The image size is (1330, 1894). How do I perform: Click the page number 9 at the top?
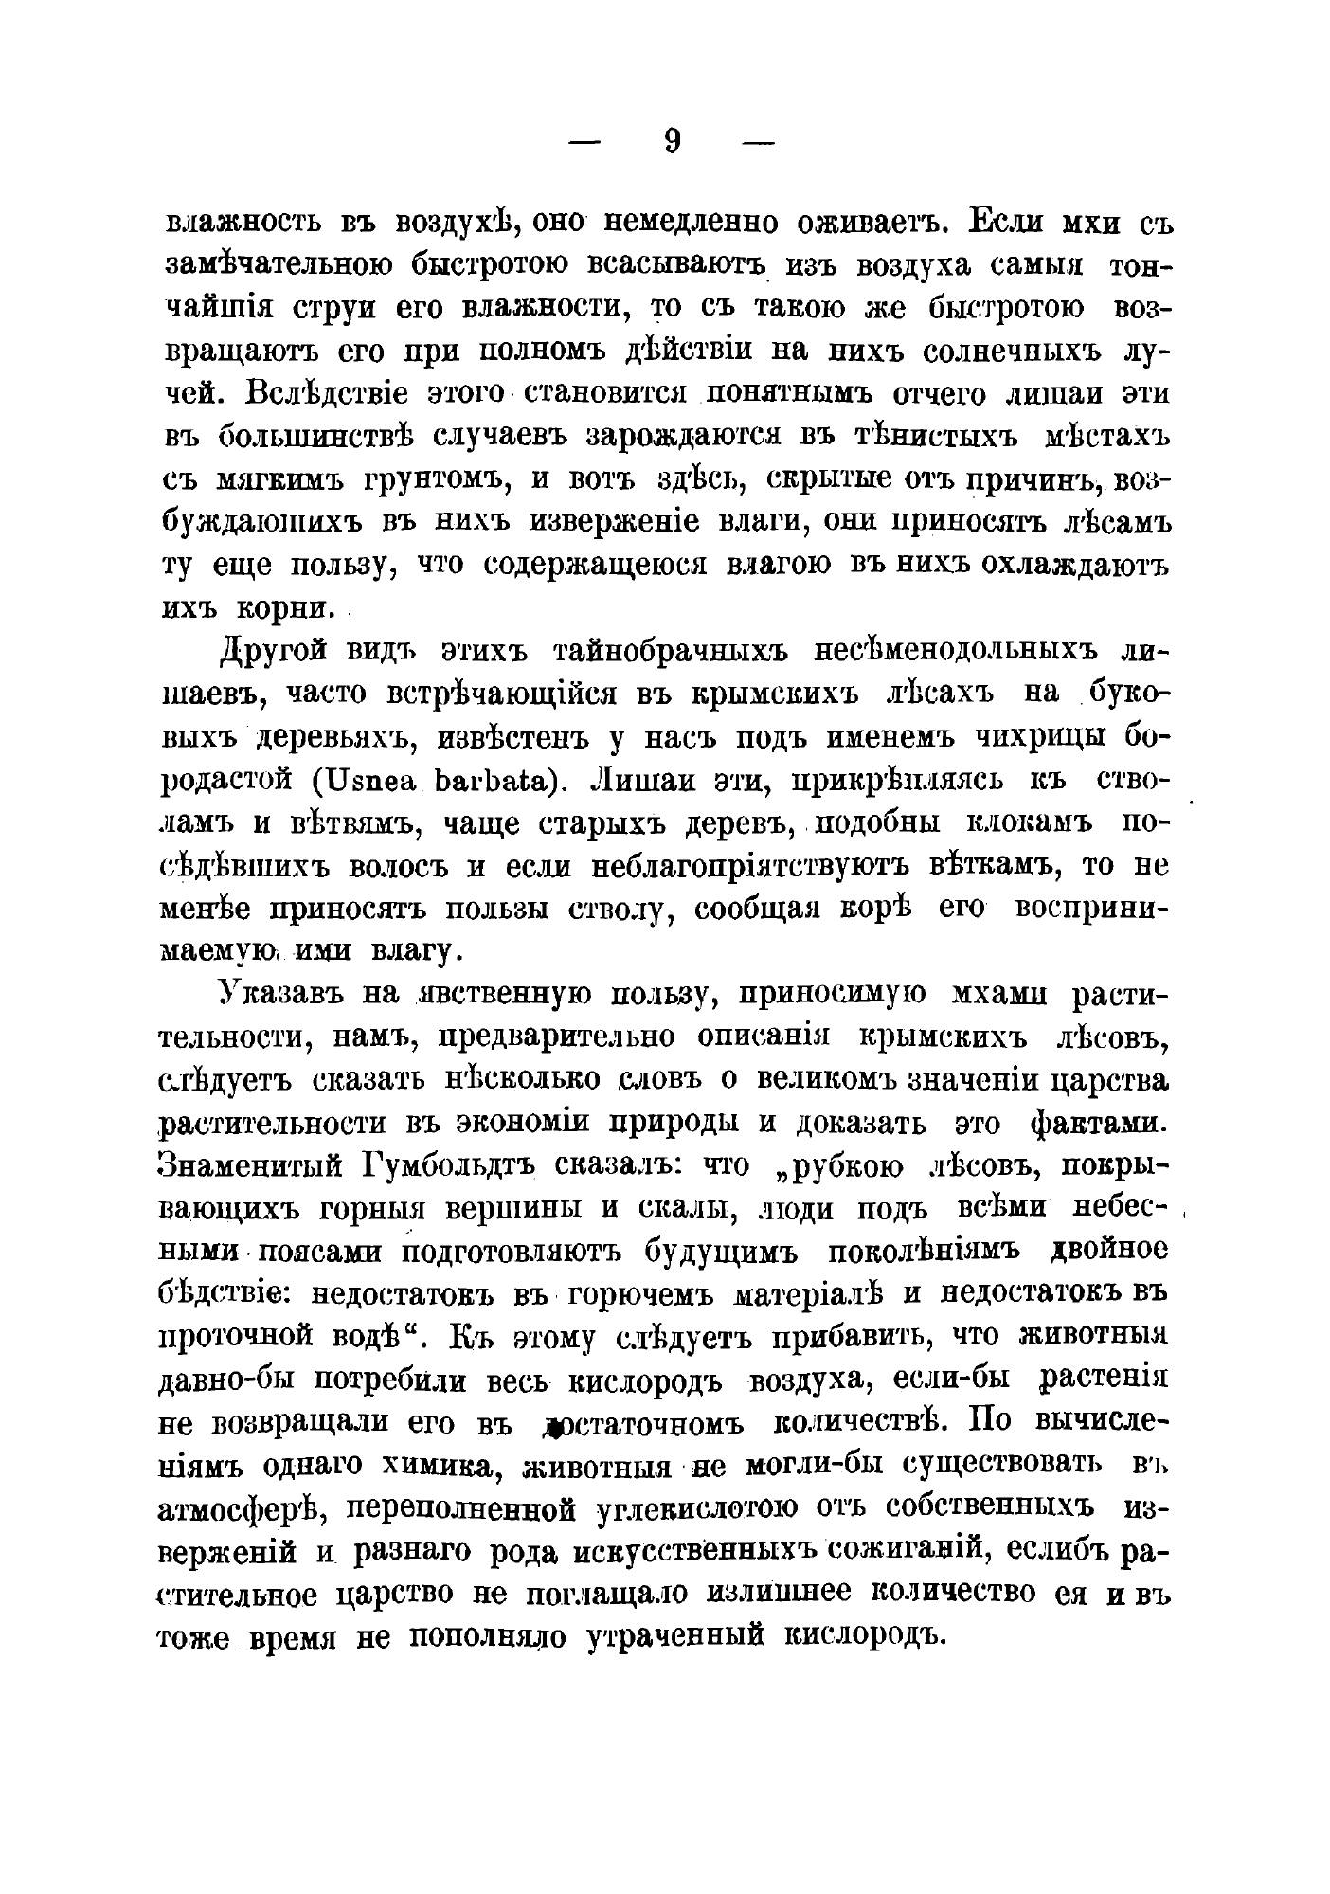(x=673, y=141)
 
